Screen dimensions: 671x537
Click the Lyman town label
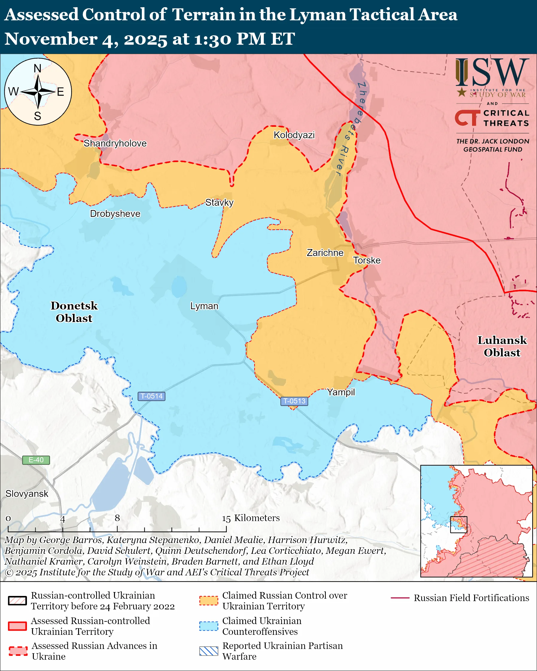pyautogui.click(x=204, y=306)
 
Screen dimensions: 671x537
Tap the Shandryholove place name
pyautogui.click(x=115, y=144)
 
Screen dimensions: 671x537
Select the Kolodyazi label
pyautogui.click(x=294, y=135)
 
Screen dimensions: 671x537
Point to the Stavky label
pyautogui.click(x=219, y=203)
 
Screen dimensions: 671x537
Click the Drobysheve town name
pyautogui.click(x=115, y=214)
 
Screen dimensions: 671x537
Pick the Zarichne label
pyautogui.click(x=325, y=253)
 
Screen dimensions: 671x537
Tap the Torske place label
pyautogui.click(x=367, y=260)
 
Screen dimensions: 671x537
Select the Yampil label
pyautogui.click(x=341, y=392)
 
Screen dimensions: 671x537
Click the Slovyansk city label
pyautogui.click(x=27, y=494)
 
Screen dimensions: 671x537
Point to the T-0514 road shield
pyautogui.click(x=151, y=396)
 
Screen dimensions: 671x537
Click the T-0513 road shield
pyautogui.click(x=294, y=401)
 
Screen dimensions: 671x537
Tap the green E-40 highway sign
pyautogui.click(x=36, y=460)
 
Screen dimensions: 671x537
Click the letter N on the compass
pyautogui.click(x=37, y=68)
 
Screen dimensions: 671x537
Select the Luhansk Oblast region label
pyautogui.click(x=502, y=346)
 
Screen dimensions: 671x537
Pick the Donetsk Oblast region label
pyautogui.click(x=74, y=312)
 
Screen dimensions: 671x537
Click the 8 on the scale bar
pyautogui.click(x=117, y=518)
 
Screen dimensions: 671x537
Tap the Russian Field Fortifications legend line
pyautogui.click(x=400, y=598)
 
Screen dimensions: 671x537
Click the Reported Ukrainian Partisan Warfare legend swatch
pyautogui.click(x=209, y=651)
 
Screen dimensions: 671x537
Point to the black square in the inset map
pyautogui.click(x=459, y=525)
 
